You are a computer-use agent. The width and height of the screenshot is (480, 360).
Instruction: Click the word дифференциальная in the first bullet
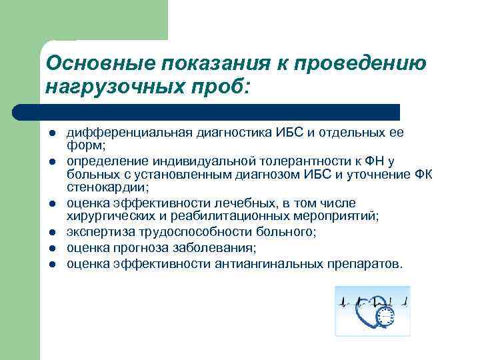(127, 132)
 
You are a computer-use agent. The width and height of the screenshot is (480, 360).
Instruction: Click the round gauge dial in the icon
(384, 316)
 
